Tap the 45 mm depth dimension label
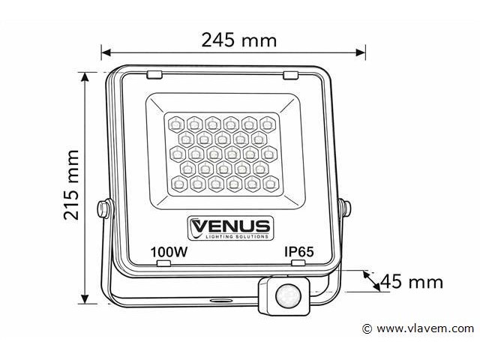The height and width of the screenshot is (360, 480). point(412,282)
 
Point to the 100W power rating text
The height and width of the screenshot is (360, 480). point(169,253)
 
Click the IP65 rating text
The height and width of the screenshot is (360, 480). point(298,253)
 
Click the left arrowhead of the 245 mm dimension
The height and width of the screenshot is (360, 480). point(106,52)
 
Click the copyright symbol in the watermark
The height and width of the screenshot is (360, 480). point(367,328)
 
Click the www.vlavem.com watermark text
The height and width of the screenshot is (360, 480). point(425,328)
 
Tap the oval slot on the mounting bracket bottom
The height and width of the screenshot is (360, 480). point(221,299)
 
